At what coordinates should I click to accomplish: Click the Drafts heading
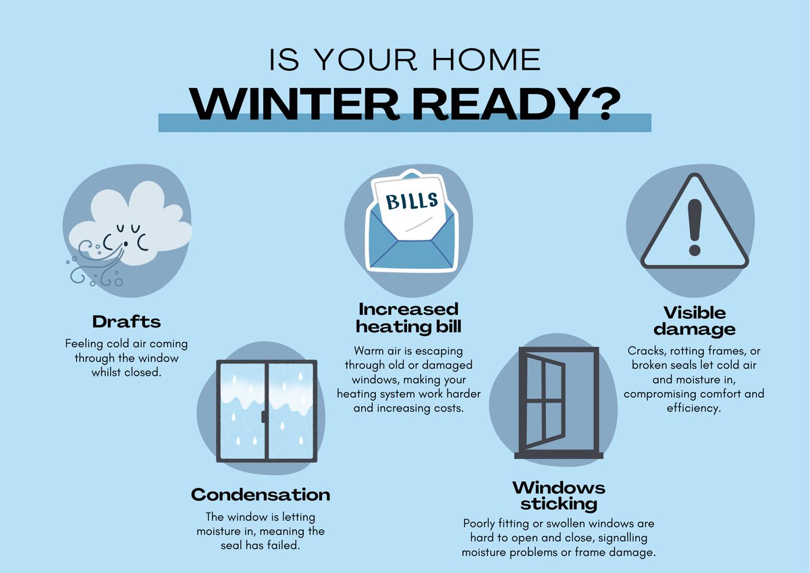tap(126, 320)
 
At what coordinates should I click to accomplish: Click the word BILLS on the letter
tap(411, 201)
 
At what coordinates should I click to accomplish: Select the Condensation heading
tap(261, 495)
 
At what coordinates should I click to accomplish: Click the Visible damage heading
tap(694, 321)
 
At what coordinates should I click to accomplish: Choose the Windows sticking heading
tap(558, 496)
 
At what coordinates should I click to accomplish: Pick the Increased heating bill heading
tap(408, 318)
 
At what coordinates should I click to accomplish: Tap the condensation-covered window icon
tap(265, 409)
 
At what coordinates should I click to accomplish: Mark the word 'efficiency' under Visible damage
tap(694, 409)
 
